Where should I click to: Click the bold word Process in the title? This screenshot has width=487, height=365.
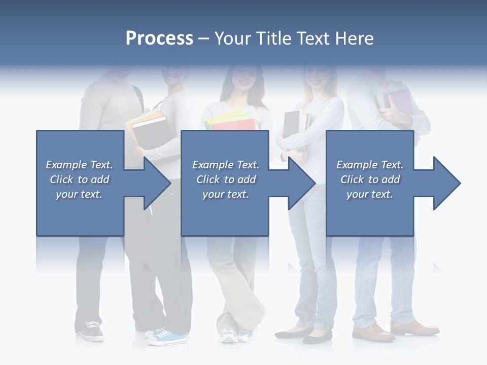159,39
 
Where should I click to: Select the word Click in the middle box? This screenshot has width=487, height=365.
207,179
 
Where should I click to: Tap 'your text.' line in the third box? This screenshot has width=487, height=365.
369,194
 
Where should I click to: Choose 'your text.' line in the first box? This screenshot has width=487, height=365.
79,194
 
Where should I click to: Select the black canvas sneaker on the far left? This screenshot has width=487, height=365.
92,331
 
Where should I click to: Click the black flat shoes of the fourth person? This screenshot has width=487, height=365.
304,334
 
